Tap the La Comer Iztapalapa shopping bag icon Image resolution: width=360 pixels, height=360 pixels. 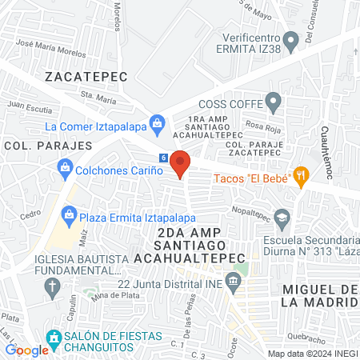[x=157, y=124]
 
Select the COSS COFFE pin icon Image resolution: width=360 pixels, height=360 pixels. [x=274, y=102]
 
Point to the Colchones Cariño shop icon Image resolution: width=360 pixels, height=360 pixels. [x=65, y=169]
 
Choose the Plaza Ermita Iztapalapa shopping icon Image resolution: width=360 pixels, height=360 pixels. [x=70, y=214]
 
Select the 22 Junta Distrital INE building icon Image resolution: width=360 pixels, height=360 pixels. [x=233, y=281]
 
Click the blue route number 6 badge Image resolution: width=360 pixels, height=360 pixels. [x=163, y=158]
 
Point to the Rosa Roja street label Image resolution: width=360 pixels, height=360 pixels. [x=262, y=125]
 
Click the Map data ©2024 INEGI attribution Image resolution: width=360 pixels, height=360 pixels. [x=311, y=354]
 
